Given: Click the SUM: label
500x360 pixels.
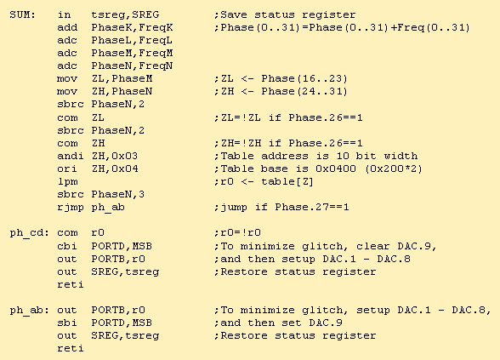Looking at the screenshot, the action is [22, 14].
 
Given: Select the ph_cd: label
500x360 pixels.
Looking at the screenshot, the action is [29, 232].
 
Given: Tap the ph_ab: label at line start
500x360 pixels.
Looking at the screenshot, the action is [29, 310].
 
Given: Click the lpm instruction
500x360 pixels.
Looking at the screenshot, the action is [67, 182].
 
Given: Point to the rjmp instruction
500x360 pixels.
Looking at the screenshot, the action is [71, 208].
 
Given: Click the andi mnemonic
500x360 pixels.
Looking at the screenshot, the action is [71, 156].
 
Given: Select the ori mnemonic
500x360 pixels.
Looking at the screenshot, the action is [67, 169].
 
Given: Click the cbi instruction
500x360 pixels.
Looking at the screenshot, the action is [67, 246].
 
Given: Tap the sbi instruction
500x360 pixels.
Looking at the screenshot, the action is [67, 323].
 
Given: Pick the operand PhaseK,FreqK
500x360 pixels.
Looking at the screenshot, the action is [132, 28].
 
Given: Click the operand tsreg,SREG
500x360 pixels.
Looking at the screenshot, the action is [125, 15].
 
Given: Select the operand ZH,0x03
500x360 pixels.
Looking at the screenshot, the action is [115, 156].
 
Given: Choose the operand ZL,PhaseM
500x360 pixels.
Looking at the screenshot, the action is [122, 78].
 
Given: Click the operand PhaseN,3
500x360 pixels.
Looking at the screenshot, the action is [118, 194].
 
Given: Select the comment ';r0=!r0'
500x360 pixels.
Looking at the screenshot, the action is [237, 232].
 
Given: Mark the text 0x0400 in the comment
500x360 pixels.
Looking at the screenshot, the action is [336, 169].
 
